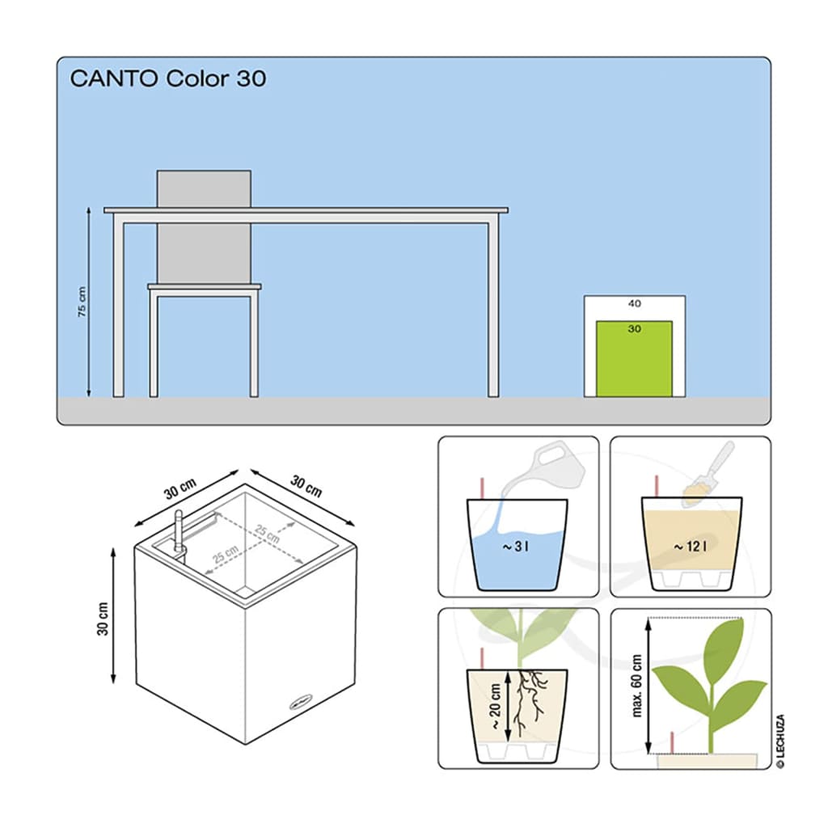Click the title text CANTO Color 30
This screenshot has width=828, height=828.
tap(168, 78)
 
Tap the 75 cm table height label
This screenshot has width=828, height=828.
tap(82, 302)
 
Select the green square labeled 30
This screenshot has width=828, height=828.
tap(634, 358)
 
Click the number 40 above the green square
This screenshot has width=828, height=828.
tap(634, 304)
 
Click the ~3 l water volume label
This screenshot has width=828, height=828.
tap(515, 547)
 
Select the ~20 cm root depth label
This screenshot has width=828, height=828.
tap(496, 707)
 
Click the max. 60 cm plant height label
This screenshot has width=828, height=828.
tap(637, 686)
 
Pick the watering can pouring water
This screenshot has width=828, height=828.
tap(555, 465)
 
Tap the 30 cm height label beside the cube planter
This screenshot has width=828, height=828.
tap(103, 619)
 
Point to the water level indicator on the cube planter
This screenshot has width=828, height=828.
tap(179, 534)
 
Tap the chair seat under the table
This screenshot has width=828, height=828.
tap(205, 287)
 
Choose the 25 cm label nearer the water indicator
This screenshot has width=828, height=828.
tap(226, 555)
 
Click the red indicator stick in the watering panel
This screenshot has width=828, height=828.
tap(482, 488)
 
